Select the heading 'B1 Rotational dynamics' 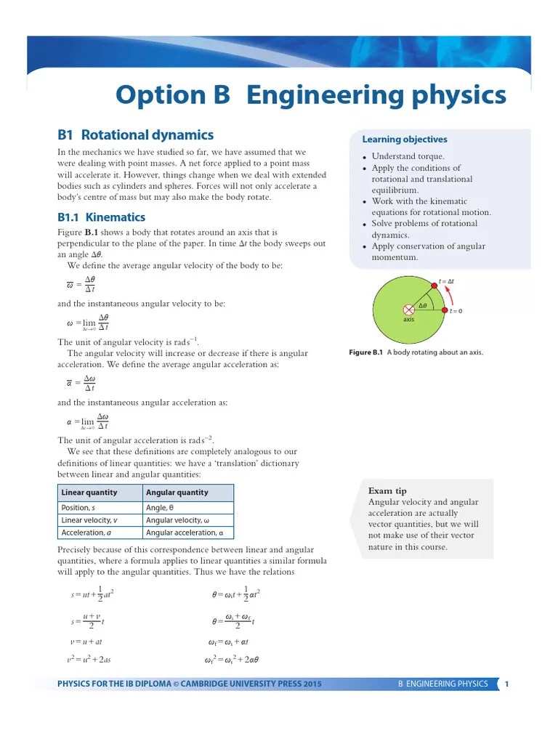coord(135,135)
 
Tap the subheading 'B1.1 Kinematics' coord(101,217)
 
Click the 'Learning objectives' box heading coord(405,139)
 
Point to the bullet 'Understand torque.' coord(408,156)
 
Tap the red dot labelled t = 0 coord(445,310)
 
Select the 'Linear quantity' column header coord(89,493)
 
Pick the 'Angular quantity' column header coord(177,493)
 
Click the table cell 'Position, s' coord(80,508)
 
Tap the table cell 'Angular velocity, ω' coord(177,520)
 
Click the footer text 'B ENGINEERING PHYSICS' coord(443,684)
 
